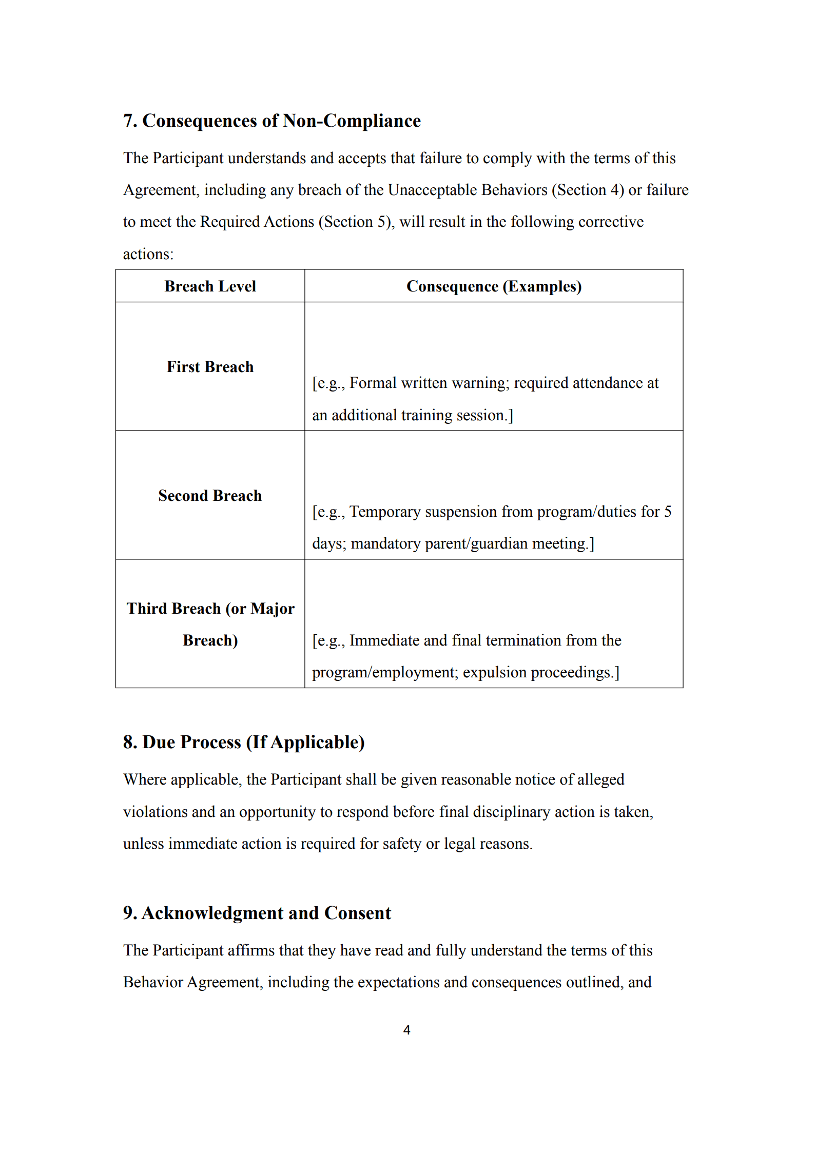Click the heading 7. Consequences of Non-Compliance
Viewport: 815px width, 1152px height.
tap(271, 121)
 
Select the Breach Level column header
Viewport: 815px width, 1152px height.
tap(210, 286)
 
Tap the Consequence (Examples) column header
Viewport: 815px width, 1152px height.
tap(493, 286)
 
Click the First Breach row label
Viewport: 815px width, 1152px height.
tap(210, 367)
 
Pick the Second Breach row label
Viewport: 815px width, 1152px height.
tap(210, 496)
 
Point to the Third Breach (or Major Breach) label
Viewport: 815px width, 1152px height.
tap(210, 624)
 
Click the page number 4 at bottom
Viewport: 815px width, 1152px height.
tap(407, 1030)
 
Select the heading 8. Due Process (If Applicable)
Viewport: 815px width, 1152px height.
tap(244, 743)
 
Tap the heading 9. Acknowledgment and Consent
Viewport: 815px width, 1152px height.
tap(257, 913)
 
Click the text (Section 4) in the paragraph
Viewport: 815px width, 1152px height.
tap(588, 190)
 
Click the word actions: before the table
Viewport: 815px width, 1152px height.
tap(148, 255)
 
